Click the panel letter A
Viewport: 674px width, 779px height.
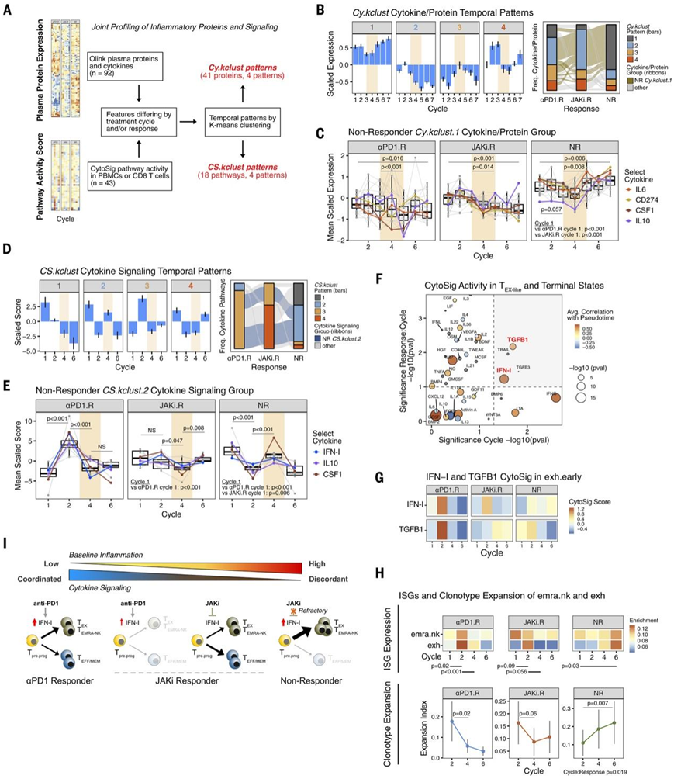point(12,11)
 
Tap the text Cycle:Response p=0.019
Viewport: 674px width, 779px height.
point(607,772)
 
